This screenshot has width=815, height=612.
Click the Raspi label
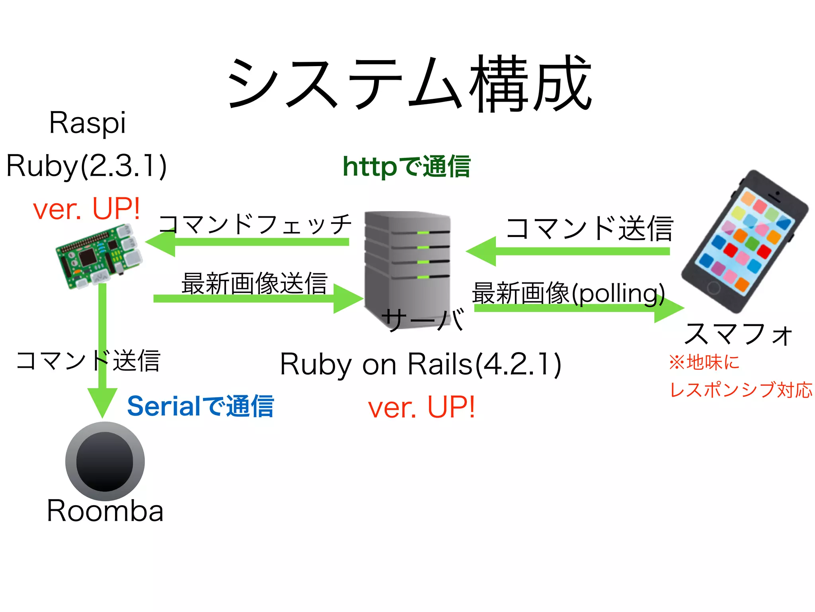click(x=88, y=123)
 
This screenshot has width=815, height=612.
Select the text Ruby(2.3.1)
click(x=86, y=166)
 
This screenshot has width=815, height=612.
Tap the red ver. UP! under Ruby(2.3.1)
click(x=86, y=209)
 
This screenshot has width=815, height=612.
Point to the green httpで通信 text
click(x=406, y=167)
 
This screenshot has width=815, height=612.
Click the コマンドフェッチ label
click(x=255, y=224)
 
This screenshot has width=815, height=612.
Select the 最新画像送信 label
click(x=254, y=283)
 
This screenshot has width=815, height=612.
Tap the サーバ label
click(x=423, y=319)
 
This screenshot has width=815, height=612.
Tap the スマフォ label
click(x=739, y=334)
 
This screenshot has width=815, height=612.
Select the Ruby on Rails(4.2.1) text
click(x=420, y=364)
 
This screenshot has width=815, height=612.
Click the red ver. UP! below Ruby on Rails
click(x=421, y=408)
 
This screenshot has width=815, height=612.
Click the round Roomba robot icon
click(x=105, y=461)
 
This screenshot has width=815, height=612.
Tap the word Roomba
click(x=105, y=511)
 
